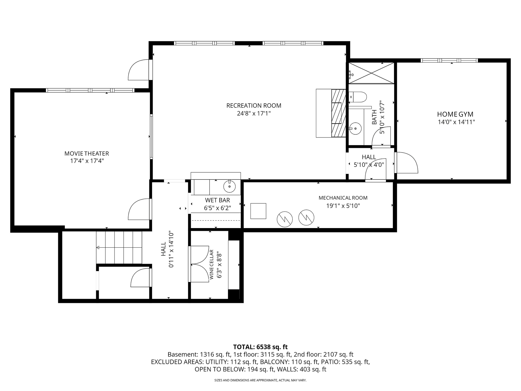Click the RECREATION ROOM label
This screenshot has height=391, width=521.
coord(254,105)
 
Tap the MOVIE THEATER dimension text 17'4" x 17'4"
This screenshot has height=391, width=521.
coord(87,161)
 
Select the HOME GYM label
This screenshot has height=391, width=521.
coord(455,114)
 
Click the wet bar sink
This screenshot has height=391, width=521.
coord(230,187)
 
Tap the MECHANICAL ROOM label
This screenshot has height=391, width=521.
coord(343,198)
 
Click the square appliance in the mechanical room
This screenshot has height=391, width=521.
coord(258,211)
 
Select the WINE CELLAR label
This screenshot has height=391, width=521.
coord(212,265)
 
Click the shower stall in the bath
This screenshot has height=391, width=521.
coord(371,73)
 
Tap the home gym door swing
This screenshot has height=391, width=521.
coord(406,163)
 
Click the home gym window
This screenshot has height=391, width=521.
coord(449,60)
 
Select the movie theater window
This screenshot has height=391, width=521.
coord(90,90)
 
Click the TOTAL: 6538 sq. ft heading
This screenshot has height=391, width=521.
coord(260,347)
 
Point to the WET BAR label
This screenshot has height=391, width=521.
coord(218,200)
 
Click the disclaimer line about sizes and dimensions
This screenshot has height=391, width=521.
coord(260,380)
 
